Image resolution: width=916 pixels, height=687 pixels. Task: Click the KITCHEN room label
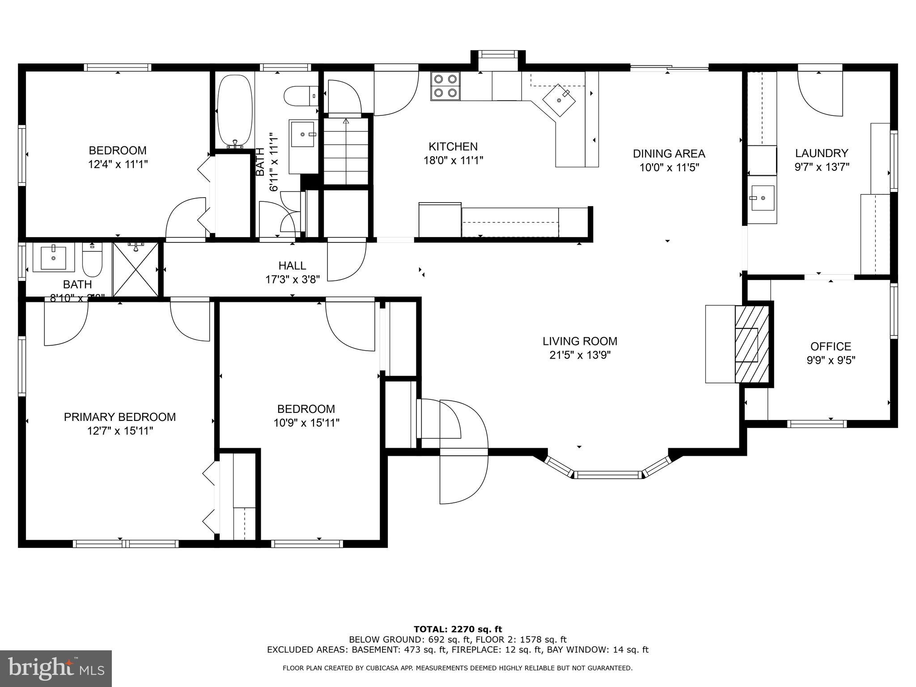pyautogui.click(x=453, y=147)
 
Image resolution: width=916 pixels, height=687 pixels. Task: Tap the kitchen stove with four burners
pyautogui.click(x=445, y=86)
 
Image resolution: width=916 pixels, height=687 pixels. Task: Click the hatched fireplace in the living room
pyautogui.click(x=752, y=344)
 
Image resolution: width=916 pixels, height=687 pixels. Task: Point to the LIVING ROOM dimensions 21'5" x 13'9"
pyautogui.click(x=580, y=356)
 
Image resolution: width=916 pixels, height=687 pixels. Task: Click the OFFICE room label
pyautogui.click(x=831, y=347)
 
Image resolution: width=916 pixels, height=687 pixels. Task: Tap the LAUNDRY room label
pyautogui.click(x=821, y=153)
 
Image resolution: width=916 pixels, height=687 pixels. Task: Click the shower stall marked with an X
pyautogui.click(x=136, y=269)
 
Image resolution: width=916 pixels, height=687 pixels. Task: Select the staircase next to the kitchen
pyautogui.click(x=346, y=150)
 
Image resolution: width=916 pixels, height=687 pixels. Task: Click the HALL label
pyautogui.click(x=292, y=266)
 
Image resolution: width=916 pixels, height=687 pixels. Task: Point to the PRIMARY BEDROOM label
pyautogui.click(x=120, y=417)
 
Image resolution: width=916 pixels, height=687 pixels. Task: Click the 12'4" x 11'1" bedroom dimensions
pyautogui.click(x=118, y=165)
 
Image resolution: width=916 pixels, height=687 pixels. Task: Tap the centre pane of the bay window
pyautogui.click(x=608, y=475)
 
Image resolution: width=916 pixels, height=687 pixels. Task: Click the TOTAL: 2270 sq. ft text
pyautogui.click(x=458, y=629)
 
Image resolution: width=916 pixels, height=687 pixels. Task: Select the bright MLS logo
pyautogui.click(x=56, y=668)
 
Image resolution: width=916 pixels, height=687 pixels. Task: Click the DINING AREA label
pyautogui.click(x=669, y=154)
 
